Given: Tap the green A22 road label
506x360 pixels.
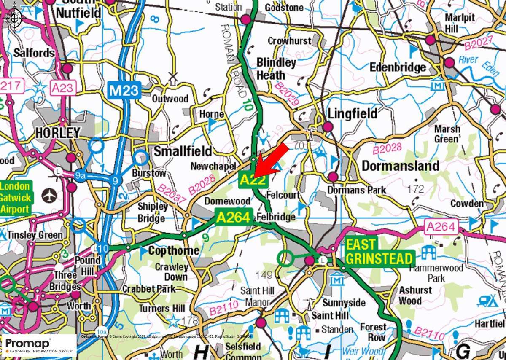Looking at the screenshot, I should [253, 180].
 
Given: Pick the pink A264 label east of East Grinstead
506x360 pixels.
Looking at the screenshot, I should [441, 227].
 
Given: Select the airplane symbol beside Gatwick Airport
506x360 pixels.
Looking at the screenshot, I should [50, 196].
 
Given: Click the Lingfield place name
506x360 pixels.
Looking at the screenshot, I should [353, 113].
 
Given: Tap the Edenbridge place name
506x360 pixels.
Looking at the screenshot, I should [398, 67].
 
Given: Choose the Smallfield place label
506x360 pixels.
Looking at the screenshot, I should [183, 151].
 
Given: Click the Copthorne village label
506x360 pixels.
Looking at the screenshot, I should [174, 251].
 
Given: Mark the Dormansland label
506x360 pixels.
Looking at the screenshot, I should [400, 166].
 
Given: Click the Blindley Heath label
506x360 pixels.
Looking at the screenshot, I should [276, 69].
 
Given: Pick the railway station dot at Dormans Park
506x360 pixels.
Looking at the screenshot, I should [333, 176].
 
